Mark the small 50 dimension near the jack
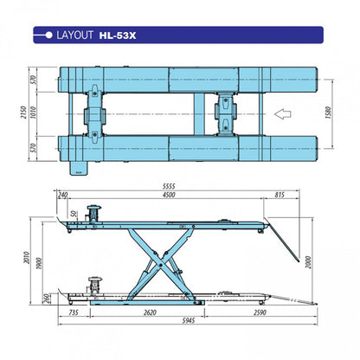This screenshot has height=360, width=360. coord(74,213)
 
